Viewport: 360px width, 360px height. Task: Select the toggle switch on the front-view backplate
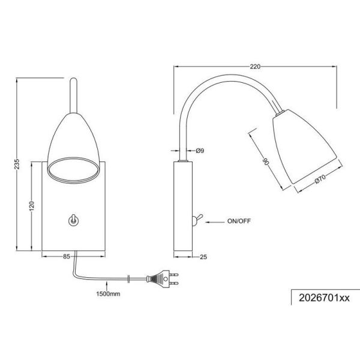73,221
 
